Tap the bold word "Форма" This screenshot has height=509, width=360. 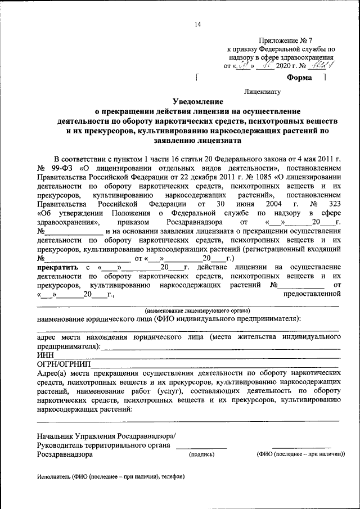(299, 78)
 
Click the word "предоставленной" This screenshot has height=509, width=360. (312, 294)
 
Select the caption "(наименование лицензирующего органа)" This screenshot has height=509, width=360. (197, 310)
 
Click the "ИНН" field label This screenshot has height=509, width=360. (46, 355)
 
